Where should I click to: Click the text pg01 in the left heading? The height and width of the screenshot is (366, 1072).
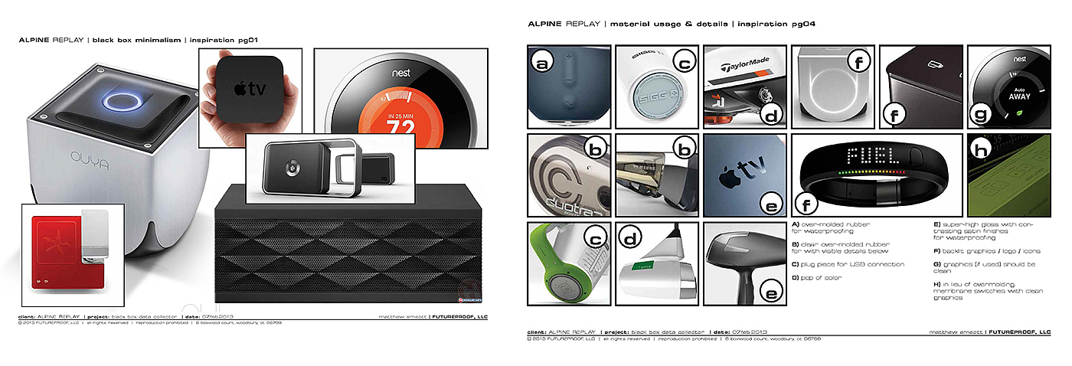[x=256, y=38]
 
